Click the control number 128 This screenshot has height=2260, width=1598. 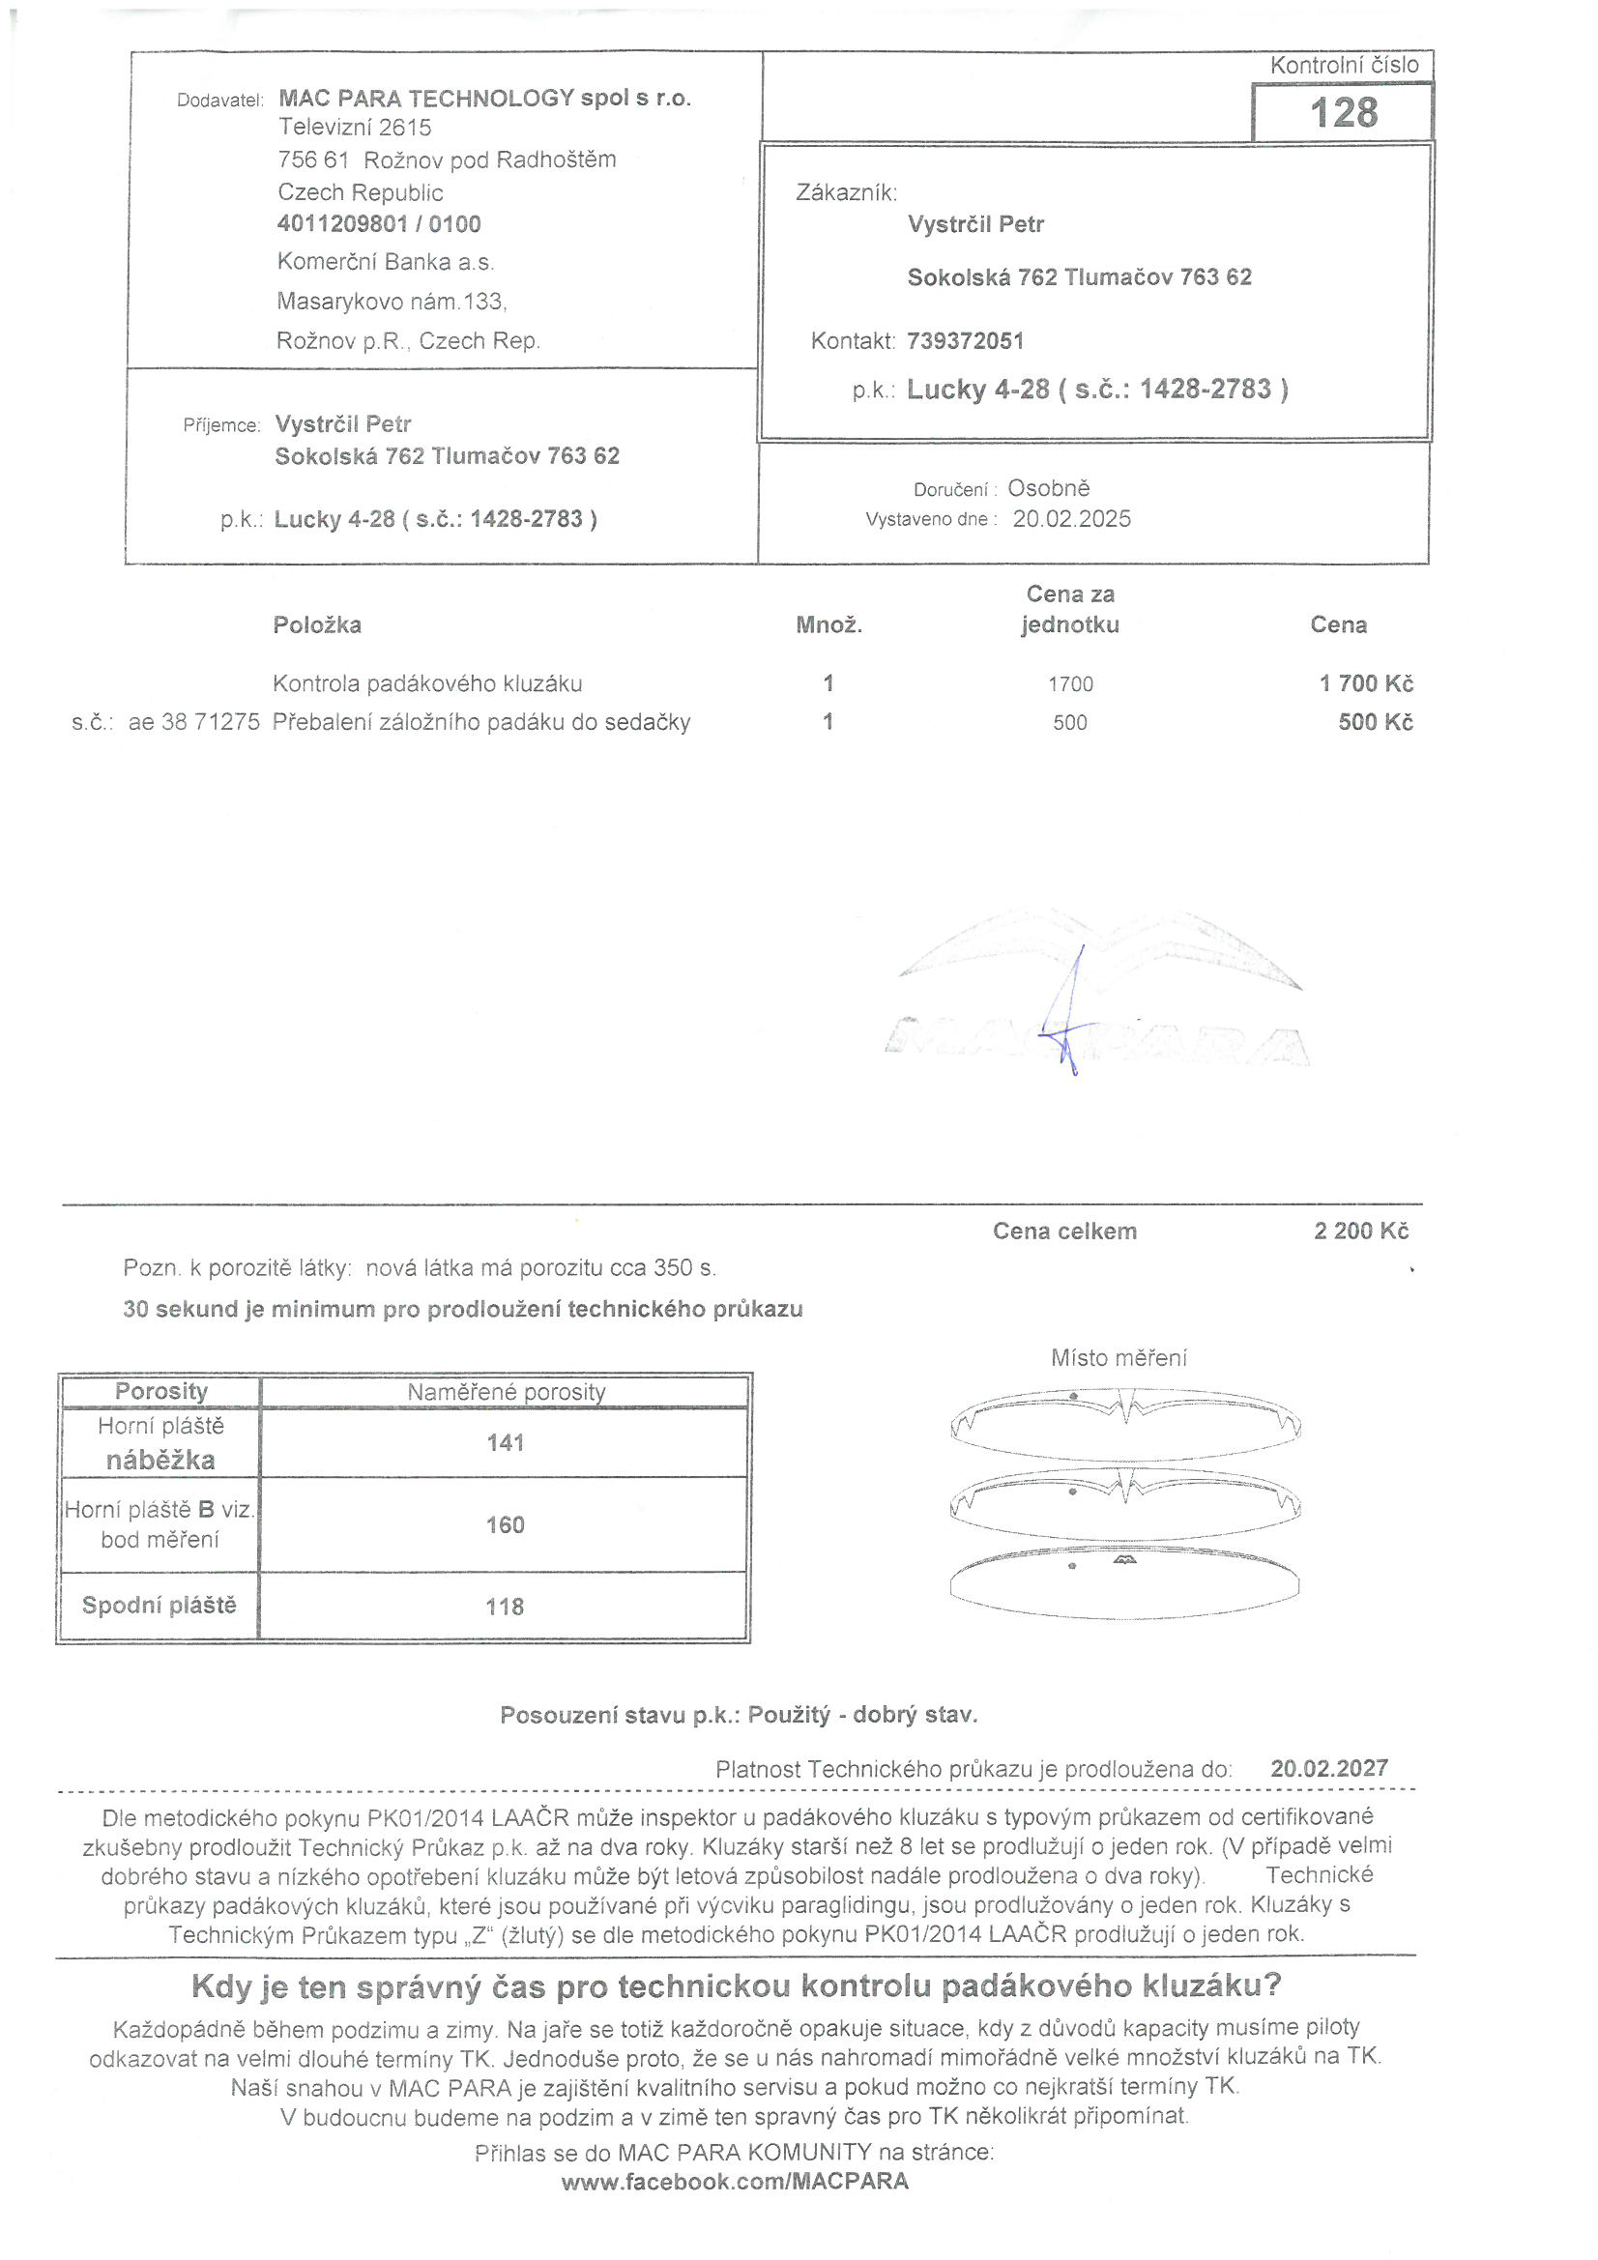(1343, 112)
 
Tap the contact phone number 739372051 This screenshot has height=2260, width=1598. (965, 340)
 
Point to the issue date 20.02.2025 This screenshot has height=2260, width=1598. (1071, 519)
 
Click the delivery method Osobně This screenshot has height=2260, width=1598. (1049, 488)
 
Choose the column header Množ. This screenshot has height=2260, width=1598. (829, 625)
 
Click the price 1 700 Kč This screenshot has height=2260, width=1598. (1366, 683)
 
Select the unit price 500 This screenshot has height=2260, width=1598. (1069, 722)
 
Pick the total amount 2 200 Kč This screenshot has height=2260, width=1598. (1361, 1231)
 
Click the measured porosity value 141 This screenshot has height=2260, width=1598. (505, 1443)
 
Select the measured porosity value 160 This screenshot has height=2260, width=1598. (505, 1524)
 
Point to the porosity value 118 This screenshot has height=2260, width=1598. (504, 1607)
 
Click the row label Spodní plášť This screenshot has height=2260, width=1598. (160, 1605)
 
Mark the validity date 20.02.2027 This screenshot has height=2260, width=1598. (1329, 1768)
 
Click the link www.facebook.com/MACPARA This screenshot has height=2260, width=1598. (735, 2182)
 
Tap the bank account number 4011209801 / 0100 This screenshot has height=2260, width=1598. (379, 224)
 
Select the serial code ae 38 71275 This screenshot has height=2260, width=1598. (194, 722)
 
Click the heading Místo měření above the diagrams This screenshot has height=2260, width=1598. (1119, 1358)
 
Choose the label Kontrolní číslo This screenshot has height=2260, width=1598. (1344, 65)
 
